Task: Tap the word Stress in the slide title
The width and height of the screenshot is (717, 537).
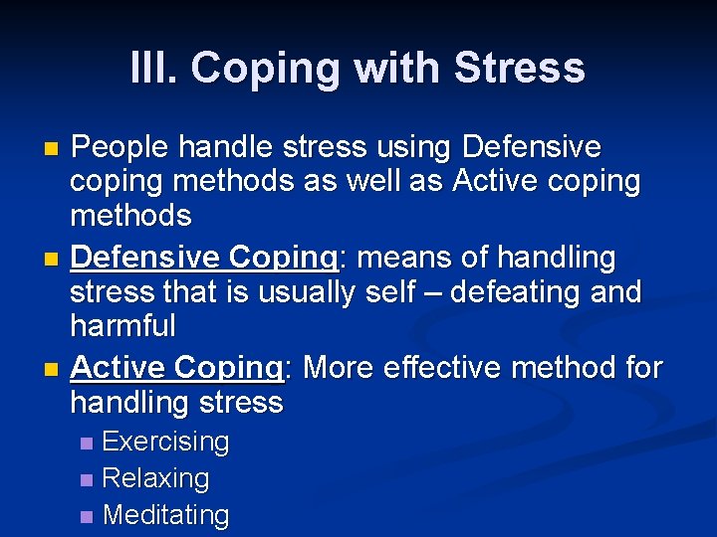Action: pyautogui.click(x=519, y=68)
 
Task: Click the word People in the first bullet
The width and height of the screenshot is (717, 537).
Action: pyautogui.click(x=120, y=148)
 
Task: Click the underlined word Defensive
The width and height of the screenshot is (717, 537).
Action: pyautogui.click(x=145, y=258)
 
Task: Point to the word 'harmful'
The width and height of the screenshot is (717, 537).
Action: pyautogui.click(x=123, y=326)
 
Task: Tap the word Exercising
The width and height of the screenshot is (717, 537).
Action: pyautogui.click(x=165, y=442)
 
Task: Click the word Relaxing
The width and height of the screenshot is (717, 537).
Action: pyautogui.click(x=155, y=478)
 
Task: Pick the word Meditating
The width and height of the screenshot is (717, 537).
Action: pyautogui.click(x=165, y=515)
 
